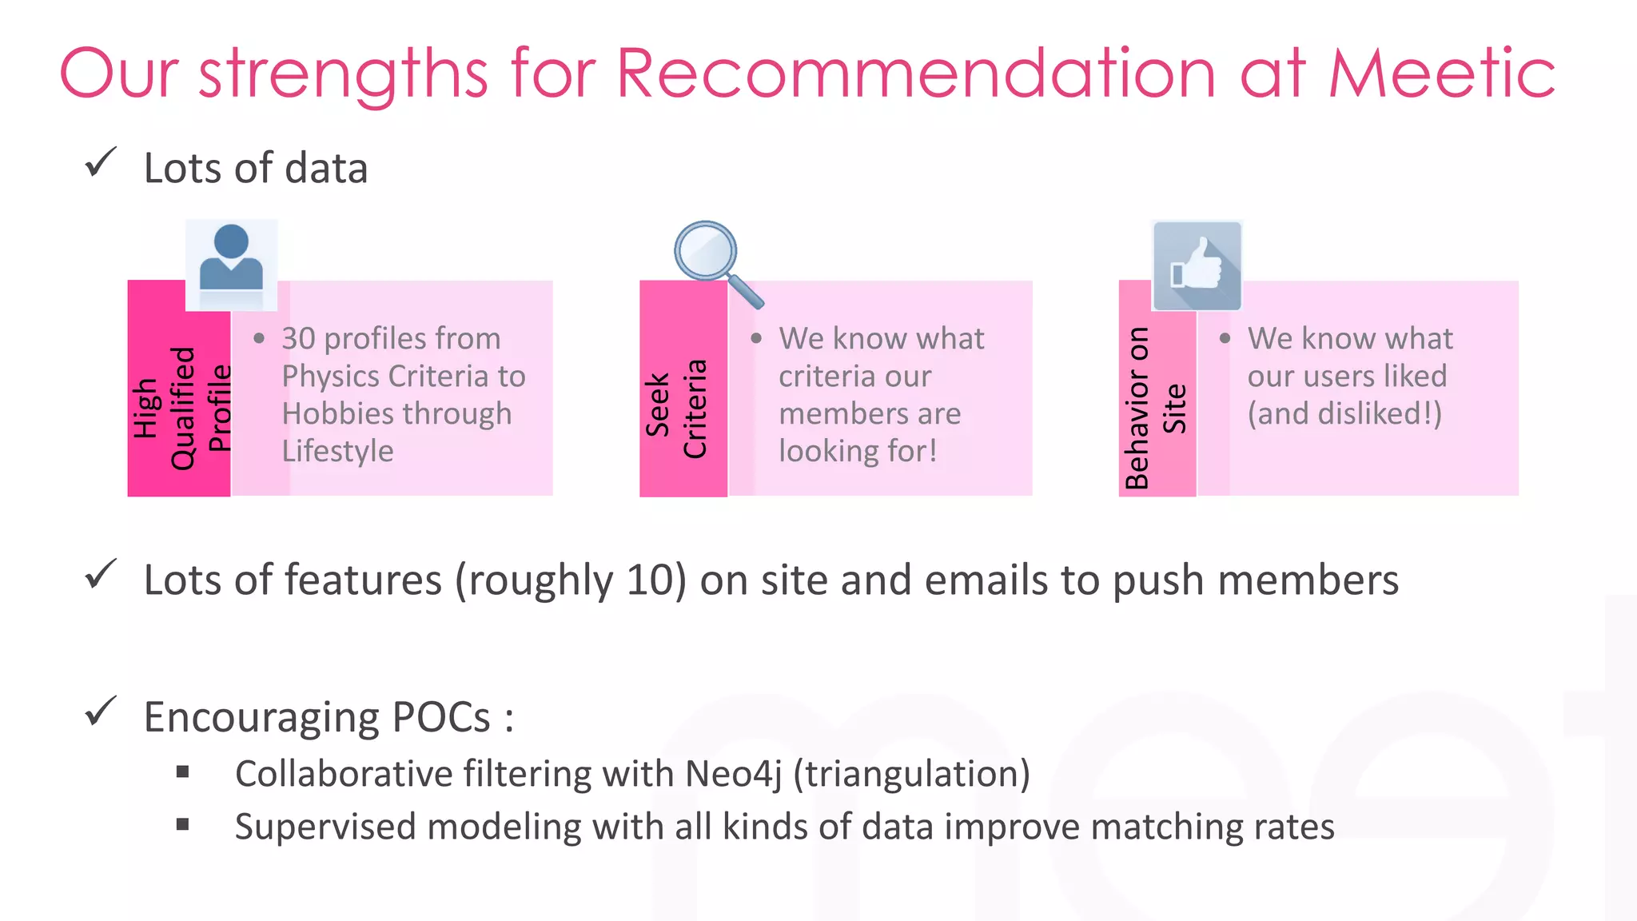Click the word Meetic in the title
tap(1441, 74)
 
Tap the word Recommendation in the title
tap(916, 74)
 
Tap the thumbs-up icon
tap(1197, 265)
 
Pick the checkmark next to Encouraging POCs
tap(101, 712)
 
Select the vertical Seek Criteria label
tap(676, 408)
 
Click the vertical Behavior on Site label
tap(1156, 408)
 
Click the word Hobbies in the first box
tap(329, 414)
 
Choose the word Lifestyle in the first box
tap(337, 452)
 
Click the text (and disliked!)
tap(1344, 414)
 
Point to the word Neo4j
tap(733, 774)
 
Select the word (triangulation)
tap(911, 774)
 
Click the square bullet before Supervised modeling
tap(183, 824)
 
